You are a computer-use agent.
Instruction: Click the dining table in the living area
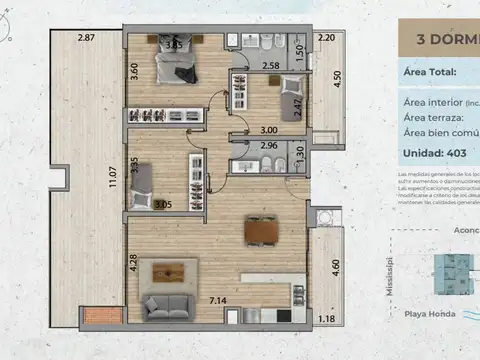259,232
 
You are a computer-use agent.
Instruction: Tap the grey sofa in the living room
173,303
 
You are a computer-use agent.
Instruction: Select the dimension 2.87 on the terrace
87,38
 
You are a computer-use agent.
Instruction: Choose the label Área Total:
430,72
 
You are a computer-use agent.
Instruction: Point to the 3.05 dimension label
163,205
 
